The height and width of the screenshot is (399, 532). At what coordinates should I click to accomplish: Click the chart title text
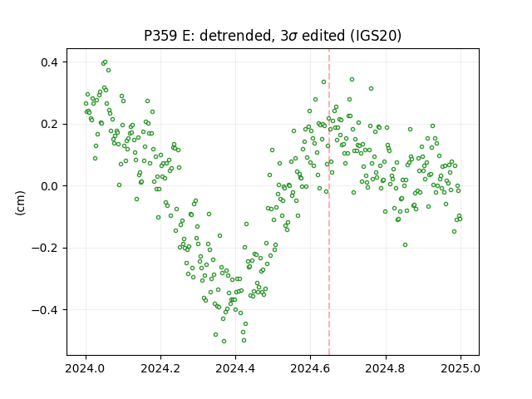[273, 36]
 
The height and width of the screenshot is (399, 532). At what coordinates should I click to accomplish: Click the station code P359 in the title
[160, 36]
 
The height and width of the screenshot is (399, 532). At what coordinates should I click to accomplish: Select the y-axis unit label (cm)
[20, 203]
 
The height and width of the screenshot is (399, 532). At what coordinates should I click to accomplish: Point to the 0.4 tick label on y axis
[50, 62]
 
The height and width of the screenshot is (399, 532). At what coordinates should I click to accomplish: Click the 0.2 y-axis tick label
[50, 124]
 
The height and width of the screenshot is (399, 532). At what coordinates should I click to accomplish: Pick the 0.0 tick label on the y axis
[50, 186]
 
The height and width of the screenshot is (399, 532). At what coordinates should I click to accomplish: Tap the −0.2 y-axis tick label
[45, 248]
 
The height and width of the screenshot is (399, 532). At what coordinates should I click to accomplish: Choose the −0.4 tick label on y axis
[45, 310]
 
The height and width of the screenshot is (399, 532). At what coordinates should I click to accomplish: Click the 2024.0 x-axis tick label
[86, 368]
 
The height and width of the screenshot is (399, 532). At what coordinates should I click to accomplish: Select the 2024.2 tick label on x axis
[160, 368]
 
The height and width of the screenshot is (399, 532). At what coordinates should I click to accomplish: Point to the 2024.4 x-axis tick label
[235, 368]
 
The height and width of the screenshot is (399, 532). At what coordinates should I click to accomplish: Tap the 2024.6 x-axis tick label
[310, 368]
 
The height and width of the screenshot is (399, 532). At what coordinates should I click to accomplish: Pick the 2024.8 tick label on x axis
[386, 368]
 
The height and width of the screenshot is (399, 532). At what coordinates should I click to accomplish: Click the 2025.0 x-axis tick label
[461, 368]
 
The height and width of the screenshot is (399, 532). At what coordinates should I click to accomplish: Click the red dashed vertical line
[329, 202]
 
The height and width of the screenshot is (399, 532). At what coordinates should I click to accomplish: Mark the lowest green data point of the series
[224, 341]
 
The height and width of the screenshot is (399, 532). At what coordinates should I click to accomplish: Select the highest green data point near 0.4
[106, 62]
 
